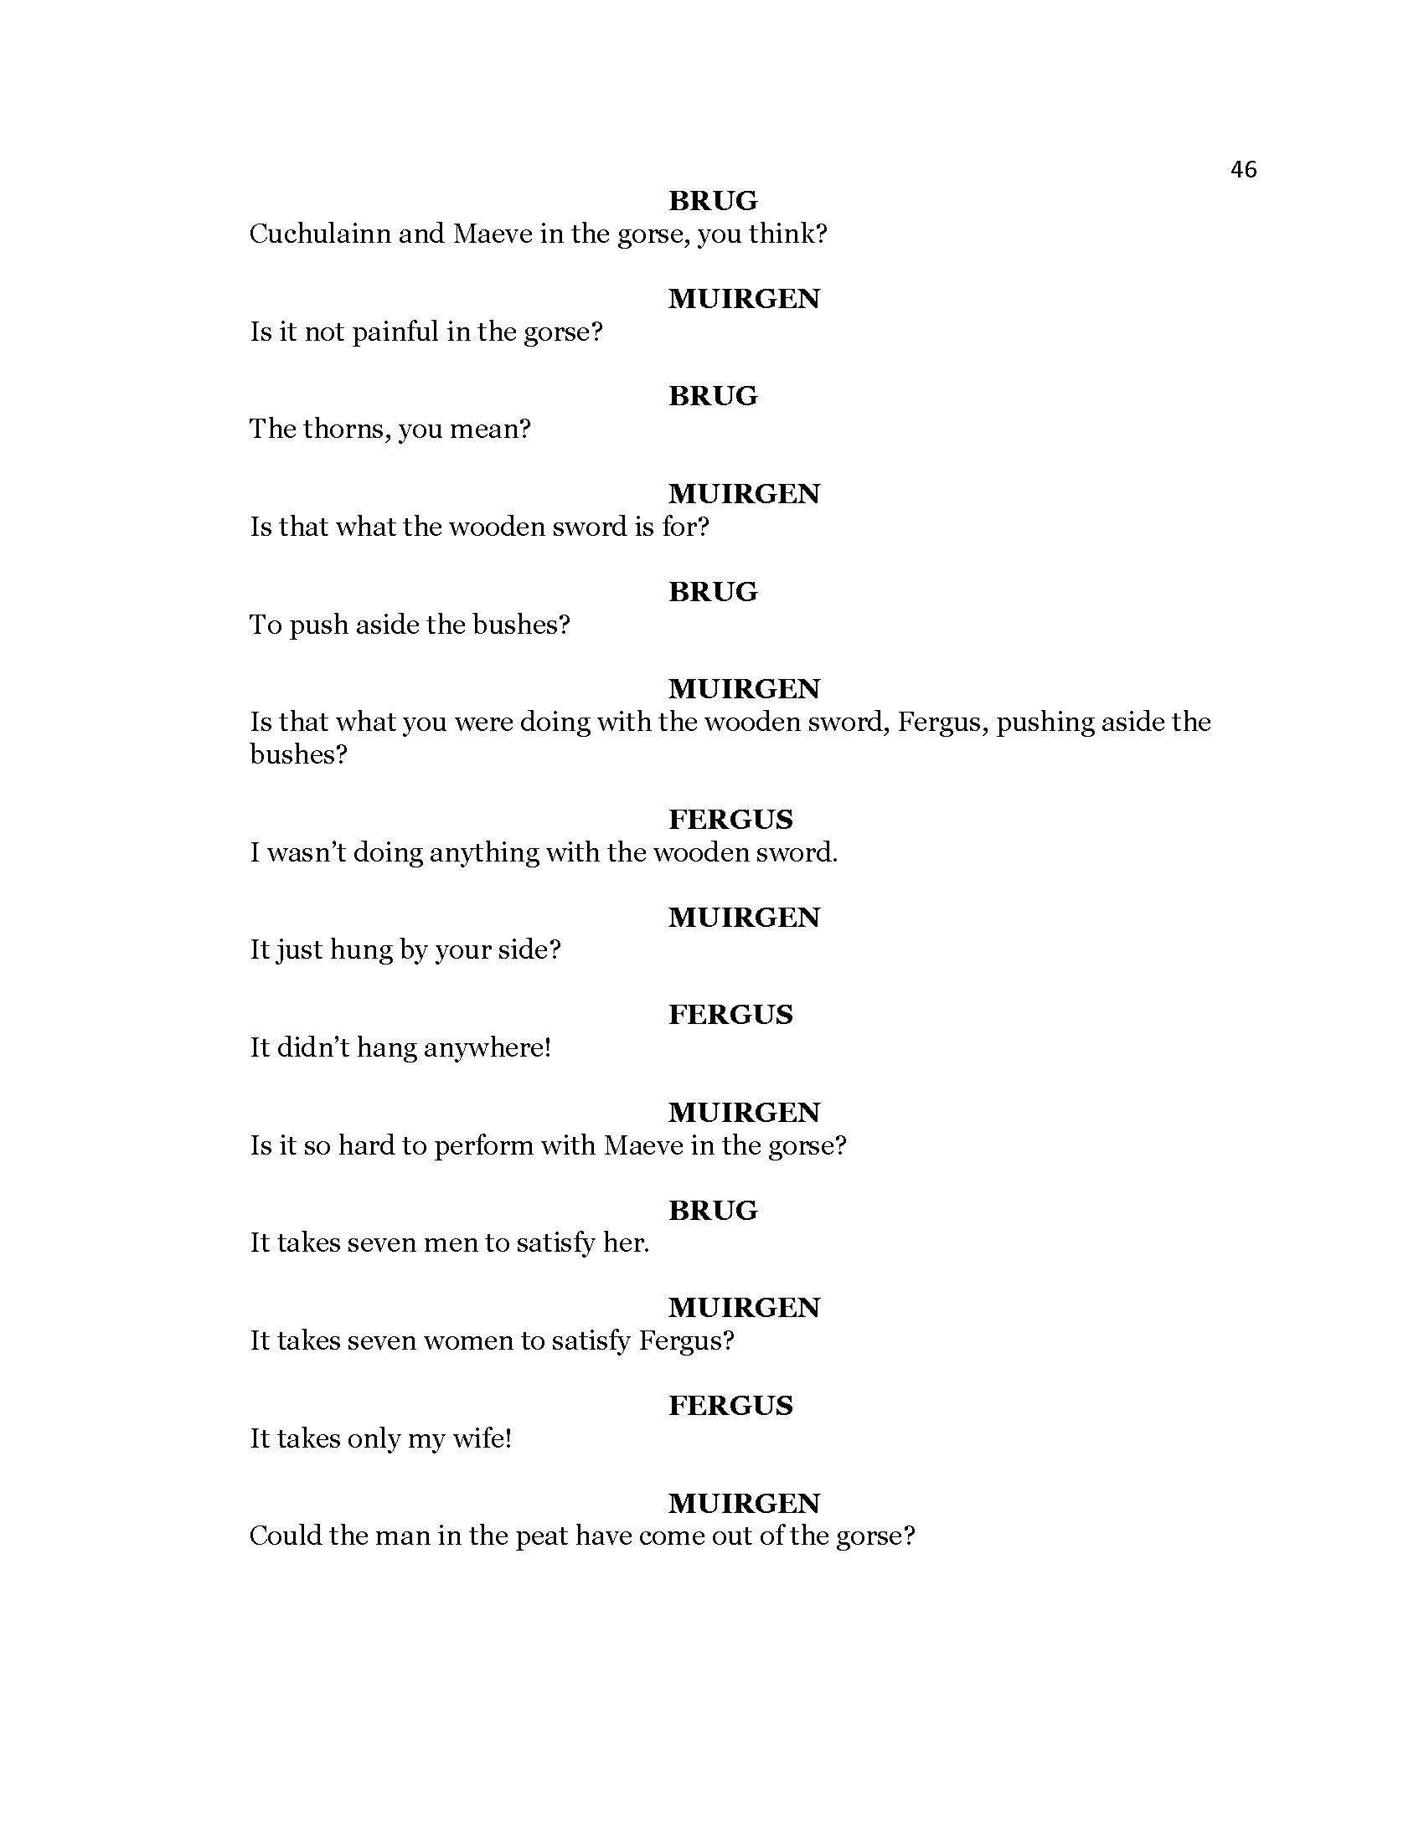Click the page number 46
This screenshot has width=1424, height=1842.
pyautogui.click(x=1242, y=169)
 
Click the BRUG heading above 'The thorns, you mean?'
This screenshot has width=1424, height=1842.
pyautogui.click(x=713, y=395)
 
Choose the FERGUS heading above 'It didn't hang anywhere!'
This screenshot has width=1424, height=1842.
pyautogui.click(x=730, y=1014)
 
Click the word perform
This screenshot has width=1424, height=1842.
pyautogui.click(x=483, y=1146)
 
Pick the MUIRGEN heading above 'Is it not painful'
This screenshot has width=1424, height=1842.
pyautogui.click(x=743, y=299)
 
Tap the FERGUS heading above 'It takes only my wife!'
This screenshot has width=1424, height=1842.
pyautogui.click(x=730, y=1405)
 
